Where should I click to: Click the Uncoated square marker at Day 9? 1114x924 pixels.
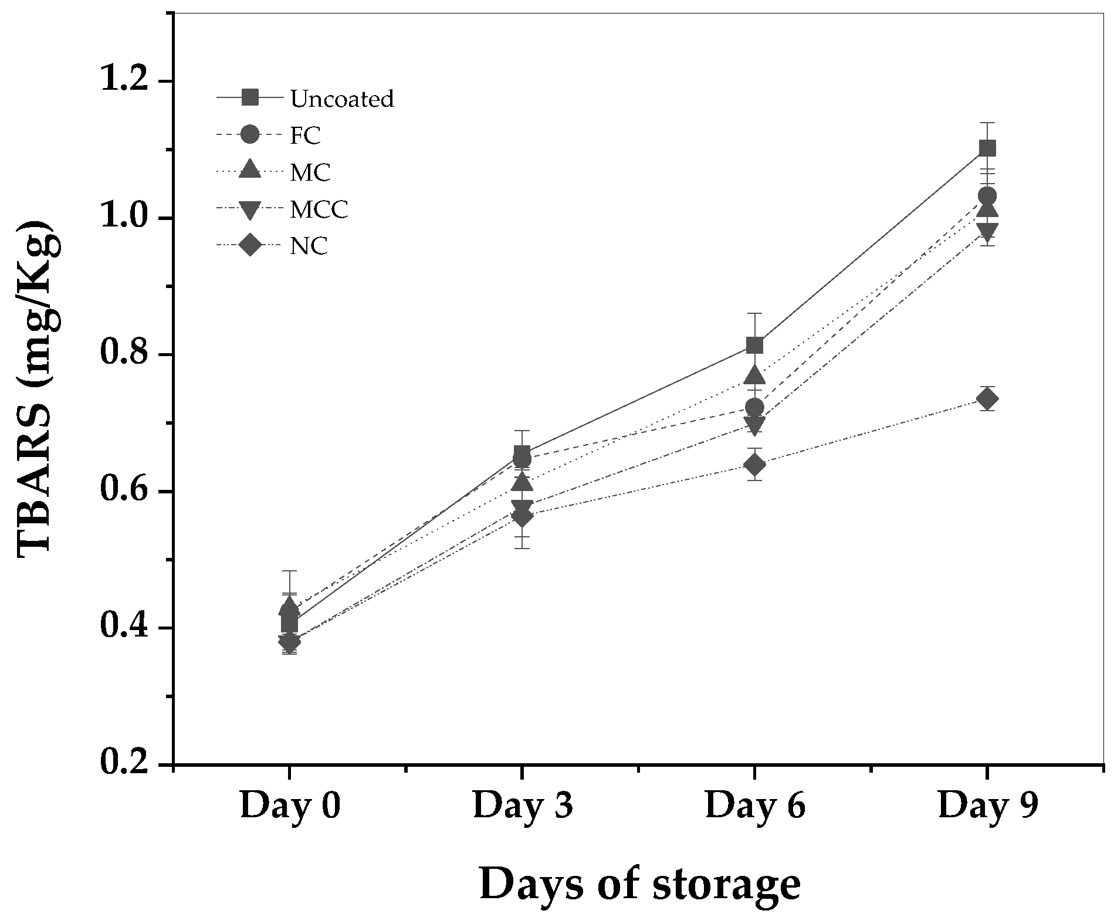tap(987, 148)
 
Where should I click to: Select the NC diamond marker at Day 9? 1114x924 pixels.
tap(987, 399)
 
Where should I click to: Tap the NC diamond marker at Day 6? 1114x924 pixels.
tap(755, 465)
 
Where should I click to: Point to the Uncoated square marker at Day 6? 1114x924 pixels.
tap(755, 345)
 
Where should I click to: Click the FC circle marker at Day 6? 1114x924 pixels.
tap(755, 407)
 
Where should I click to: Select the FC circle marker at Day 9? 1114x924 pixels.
tap(987, 195)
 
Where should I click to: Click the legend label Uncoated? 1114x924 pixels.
tap(342, 99)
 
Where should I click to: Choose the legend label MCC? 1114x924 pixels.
tap(320, 209)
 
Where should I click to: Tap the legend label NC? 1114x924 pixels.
tap(309, 246)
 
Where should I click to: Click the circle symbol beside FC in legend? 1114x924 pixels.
tap(250, 135)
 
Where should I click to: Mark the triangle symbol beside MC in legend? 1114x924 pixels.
tap(250, 170)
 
